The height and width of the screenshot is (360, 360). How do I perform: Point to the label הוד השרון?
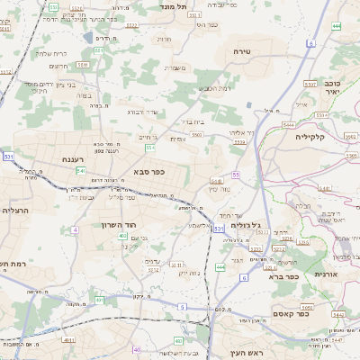132,220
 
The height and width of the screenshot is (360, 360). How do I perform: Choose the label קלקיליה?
315,137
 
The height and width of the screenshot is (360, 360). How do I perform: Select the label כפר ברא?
283,276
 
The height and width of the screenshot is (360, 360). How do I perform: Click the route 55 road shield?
236,174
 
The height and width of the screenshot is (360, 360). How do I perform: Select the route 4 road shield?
76,230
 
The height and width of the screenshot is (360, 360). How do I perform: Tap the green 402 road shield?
122,236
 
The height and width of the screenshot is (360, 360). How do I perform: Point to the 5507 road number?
309,84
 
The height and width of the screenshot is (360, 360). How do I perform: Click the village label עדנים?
152,261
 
